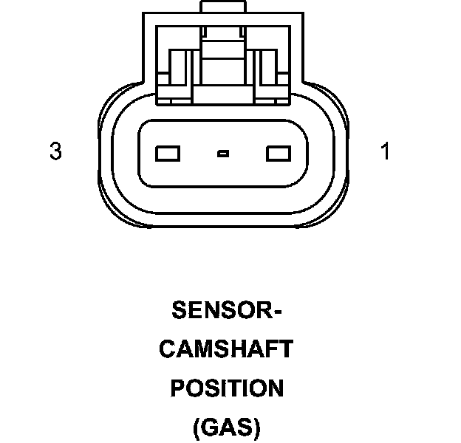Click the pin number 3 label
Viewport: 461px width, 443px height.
(55, 152)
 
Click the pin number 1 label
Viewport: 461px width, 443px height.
(385, 152)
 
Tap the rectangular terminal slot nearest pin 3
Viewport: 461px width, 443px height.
(168, 154)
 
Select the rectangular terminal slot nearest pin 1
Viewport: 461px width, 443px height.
(278, 154)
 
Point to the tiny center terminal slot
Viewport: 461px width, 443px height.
(223, 154)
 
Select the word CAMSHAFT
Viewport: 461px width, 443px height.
(226, 348)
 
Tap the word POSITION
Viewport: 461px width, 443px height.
(226, 388)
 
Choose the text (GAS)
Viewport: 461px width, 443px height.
(226, 427)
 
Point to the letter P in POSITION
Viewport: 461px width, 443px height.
(178, 388)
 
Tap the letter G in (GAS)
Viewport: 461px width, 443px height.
(208, 427)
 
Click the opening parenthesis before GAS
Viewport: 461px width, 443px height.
(196, 427)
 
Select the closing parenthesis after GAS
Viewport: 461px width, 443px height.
(256, 427)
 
